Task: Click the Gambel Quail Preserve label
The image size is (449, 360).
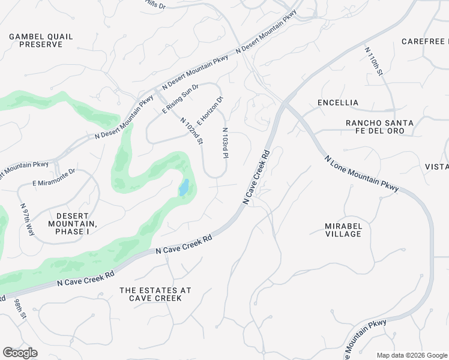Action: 41,40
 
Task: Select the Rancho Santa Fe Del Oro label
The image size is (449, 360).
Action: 379,127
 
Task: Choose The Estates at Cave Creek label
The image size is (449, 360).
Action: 155,294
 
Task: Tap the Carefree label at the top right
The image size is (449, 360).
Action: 425,41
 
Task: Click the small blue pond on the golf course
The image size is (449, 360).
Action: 184,188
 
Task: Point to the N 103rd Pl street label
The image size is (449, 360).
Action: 226,143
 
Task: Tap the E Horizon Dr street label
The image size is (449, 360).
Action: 210,110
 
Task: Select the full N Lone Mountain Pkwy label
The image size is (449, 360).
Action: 362,175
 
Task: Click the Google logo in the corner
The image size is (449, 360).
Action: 20,353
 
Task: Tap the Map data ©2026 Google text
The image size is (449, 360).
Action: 412,355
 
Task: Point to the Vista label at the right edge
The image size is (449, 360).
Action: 437,166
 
